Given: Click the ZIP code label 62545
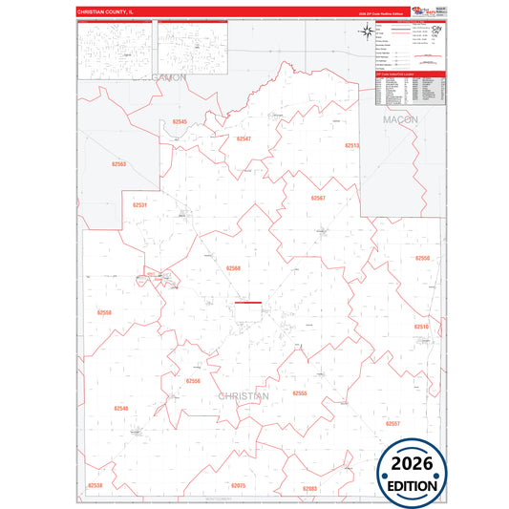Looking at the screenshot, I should point(180,122).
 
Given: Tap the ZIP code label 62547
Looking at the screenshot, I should point(244,139).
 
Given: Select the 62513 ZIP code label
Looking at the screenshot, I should point(352,145).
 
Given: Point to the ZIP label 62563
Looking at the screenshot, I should point(118,164).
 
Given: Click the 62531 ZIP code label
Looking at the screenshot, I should point(140,205).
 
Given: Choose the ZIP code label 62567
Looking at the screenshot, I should point(318,198).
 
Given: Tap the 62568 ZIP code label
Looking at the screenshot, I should point(234,268).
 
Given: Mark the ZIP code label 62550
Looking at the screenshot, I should point(423,258).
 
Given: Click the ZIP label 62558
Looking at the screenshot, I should point(105,312).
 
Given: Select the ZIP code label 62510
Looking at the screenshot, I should point(421,327).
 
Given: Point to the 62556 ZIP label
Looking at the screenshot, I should point(193,381).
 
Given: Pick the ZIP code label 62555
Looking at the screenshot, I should point(300,392).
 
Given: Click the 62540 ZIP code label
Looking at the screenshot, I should point(121,408).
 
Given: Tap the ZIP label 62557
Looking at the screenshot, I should point(393,422).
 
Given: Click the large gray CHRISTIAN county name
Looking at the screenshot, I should point(244,395).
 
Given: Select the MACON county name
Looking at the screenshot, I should point(401,120).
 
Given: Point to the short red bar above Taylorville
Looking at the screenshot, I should point(248,303).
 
